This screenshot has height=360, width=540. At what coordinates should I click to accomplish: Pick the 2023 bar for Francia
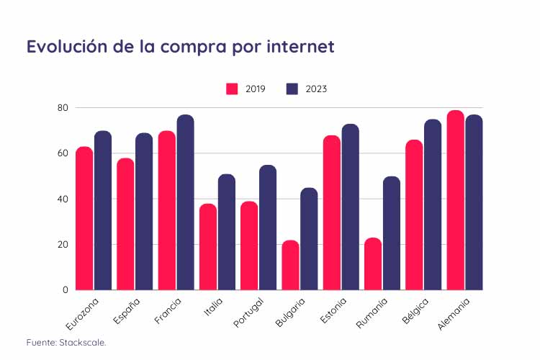185,202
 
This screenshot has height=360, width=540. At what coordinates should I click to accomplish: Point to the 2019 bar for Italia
208,247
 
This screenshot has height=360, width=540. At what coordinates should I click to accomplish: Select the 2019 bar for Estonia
332,212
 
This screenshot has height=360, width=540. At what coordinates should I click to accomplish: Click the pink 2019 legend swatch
233,89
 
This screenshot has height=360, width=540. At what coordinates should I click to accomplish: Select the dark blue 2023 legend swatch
292,89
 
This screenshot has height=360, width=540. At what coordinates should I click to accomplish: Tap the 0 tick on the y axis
66,290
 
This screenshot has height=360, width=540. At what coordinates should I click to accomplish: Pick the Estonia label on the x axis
330,312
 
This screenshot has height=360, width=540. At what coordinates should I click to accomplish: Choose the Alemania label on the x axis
454,314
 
